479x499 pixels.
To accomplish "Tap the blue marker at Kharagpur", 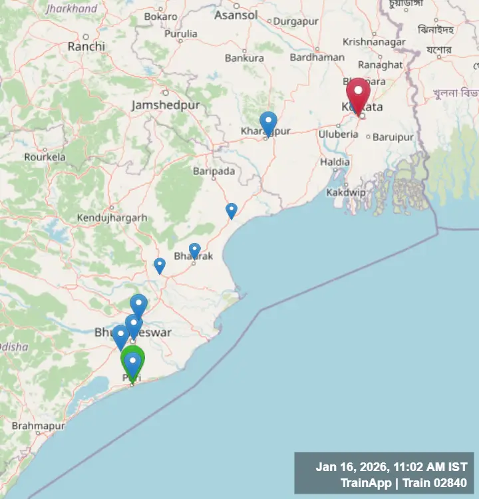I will pyautogui.click(x=268, y=123).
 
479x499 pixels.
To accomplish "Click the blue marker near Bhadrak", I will pyautogui.click(x=194, y=250).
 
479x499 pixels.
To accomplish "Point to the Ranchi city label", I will pyautogui.click(x=86, y=47).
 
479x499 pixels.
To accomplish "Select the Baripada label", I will pyautogui.click(x=214, y=171).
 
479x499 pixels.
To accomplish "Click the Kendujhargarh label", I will pyautogui.click(x=112, y=218).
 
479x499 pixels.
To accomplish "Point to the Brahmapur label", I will pyautogui.click(x=38, y=425).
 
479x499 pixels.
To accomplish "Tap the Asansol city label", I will pyautogui.click(x=236, y=15).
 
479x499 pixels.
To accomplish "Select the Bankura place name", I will pyautogui.click(x=244, y=58).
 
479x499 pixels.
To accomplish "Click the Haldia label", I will pyautogui.click(x=335, y=162).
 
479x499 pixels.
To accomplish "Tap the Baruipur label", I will pyautogui.click(x=393, y=137).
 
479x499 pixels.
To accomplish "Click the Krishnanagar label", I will pyautogui.click(x=374, y=42).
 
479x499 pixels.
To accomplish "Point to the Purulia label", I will pyautogui.click(x=181, y=33).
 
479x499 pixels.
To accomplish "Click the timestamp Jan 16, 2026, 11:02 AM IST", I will pyautogui.click(x=391, y=467).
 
